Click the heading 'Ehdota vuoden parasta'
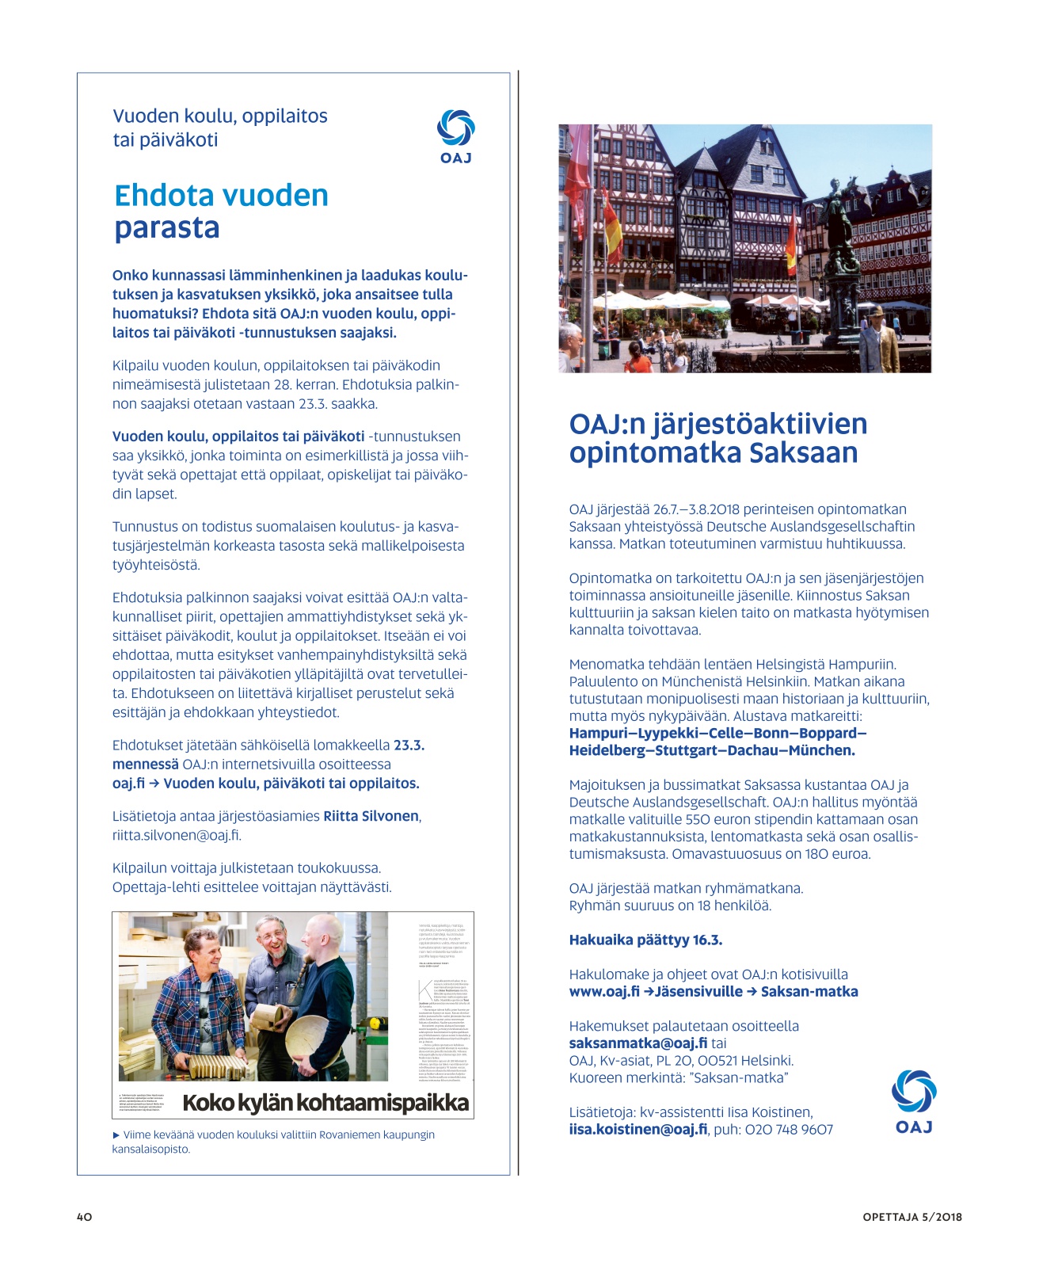point(221,212)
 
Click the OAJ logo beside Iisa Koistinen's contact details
point(914,1100)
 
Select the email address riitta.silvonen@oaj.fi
point(177,835)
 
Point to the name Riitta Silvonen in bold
point(371,816)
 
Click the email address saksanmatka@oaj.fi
point(637,1043)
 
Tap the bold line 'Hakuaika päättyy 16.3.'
point(645,940)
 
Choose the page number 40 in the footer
point(85,1217)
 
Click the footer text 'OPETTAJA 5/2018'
point(912,1217)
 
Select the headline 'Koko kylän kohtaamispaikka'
point(325,1103)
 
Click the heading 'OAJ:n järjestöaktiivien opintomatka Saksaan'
point(717,438)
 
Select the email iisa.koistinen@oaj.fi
point(637,1130)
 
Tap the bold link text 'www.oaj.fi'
point(603,992)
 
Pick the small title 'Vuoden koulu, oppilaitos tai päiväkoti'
point(219,128)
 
